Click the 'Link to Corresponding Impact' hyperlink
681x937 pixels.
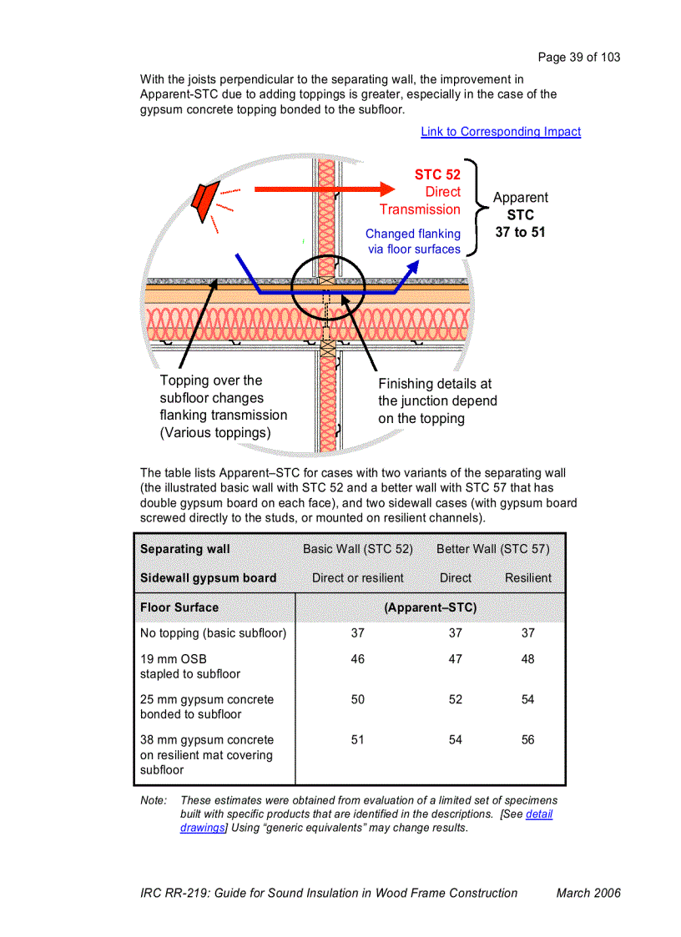pyautogui.click(x=501, y=132)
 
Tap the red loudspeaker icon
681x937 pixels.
pyautogui.click(x=202, y=200)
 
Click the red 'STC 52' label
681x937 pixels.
pyautogui.click(x=437, y=174)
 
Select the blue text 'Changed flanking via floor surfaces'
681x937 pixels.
pyautogui.click(x=413, y=241)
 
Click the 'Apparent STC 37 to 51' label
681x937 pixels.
pyautogui.click(x=520, y=215)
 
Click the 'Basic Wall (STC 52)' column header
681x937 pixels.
pyautogui.click(x=358, y=549)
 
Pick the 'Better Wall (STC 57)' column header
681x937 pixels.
pyautogui.click(x=492, y=549)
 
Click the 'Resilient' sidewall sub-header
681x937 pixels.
pyautogui.click(x=527, y=577)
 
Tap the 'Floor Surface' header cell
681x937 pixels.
pyautogui.click(x=179, y=607)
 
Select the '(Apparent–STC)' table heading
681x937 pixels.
pyautogui.click(x=430, y=607)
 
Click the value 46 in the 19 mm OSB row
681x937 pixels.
pyautogui.click(x=358, y=659)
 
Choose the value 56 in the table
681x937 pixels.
pyautogui.click(x=527, y=740)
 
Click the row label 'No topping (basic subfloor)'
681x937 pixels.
pyautogui.click(x=213, y=633)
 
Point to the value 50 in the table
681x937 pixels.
pyautogui.click(x=358, y=700)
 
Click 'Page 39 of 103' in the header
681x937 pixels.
pyautogui.click(x=579, y=58)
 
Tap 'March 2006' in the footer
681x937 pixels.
pyautogui.click(x=588, y=893)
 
